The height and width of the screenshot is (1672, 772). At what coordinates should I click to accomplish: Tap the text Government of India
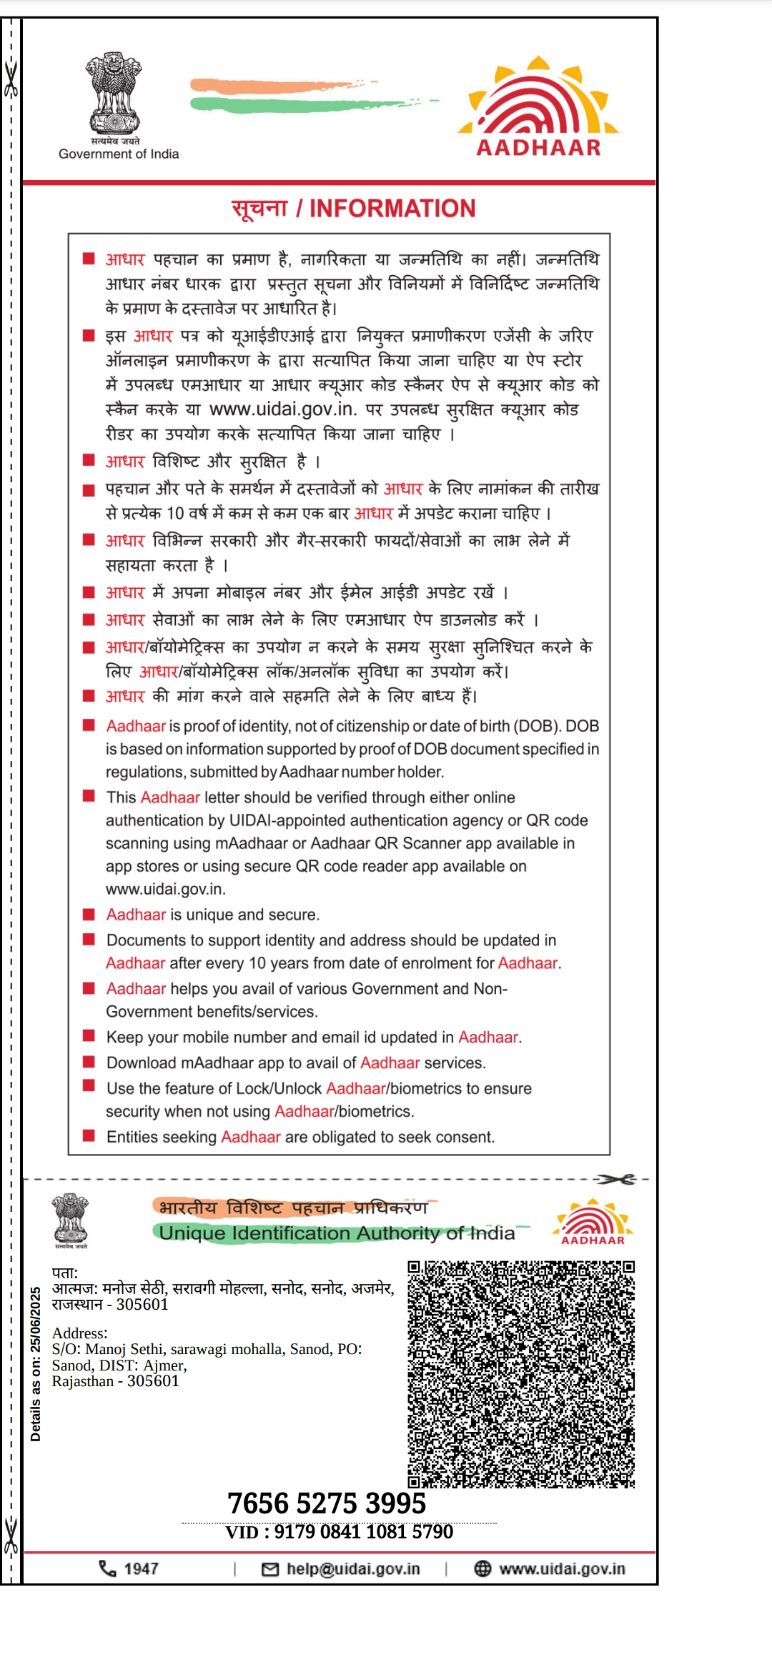(119, 154)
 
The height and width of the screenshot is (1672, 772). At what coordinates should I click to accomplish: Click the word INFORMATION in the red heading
(392, 209)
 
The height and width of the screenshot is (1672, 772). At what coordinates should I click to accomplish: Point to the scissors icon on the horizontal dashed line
(616, 1179)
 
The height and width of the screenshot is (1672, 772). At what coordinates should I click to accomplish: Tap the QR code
(521, 1374)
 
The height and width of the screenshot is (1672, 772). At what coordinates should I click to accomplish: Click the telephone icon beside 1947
(107, 1568)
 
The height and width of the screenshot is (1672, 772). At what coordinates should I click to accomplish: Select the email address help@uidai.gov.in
(353, 1569)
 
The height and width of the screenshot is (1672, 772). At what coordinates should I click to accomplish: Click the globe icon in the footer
(482, 1568)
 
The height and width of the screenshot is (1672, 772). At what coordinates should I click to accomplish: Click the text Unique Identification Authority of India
(337, 1233)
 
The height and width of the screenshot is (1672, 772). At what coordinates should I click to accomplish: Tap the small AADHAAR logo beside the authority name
(593, 1223)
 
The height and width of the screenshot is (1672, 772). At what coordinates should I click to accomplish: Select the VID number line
(340, 1532)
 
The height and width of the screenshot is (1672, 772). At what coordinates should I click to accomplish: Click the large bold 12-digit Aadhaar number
(327, 1503)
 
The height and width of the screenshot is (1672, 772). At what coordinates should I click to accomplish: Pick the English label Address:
(79, 1333)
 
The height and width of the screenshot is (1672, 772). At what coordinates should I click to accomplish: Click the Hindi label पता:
(65, 1273)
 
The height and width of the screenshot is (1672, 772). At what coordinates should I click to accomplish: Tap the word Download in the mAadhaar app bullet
(141, 1063)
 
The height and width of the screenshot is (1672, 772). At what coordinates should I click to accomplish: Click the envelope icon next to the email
(270, 1569)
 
